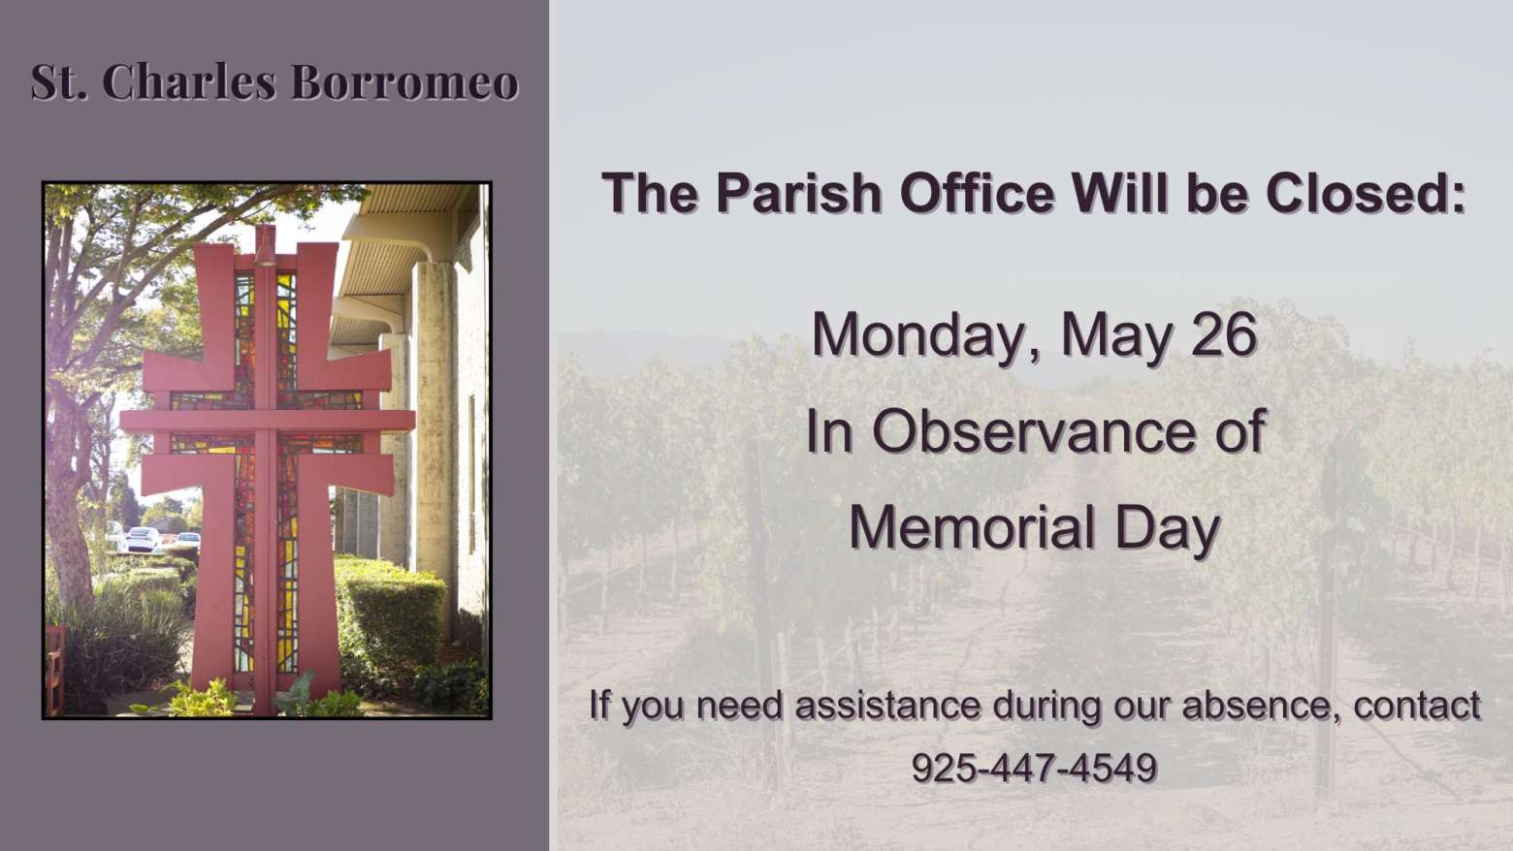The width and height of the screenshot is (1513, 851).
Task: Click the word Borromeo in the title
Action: coord(404,82)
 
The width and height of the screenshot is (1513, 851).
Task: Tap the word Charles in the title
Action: coord(190,82)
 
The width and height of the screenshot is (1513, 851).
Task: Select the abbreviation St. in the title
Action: coord(59,82)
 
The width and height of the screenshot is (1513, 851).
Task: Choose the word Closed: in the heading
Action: coord(1367,193)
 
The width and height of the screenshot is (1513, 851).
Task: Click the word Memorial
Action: coord(972,527)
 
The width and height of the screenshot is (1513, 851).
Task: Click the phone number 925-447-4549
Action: coord(1034,768)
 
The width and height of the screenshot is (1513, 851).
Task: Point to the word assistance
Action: coord(887,706)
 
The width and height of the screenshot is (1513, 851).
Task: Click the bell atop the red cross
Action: coord(265,245)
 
